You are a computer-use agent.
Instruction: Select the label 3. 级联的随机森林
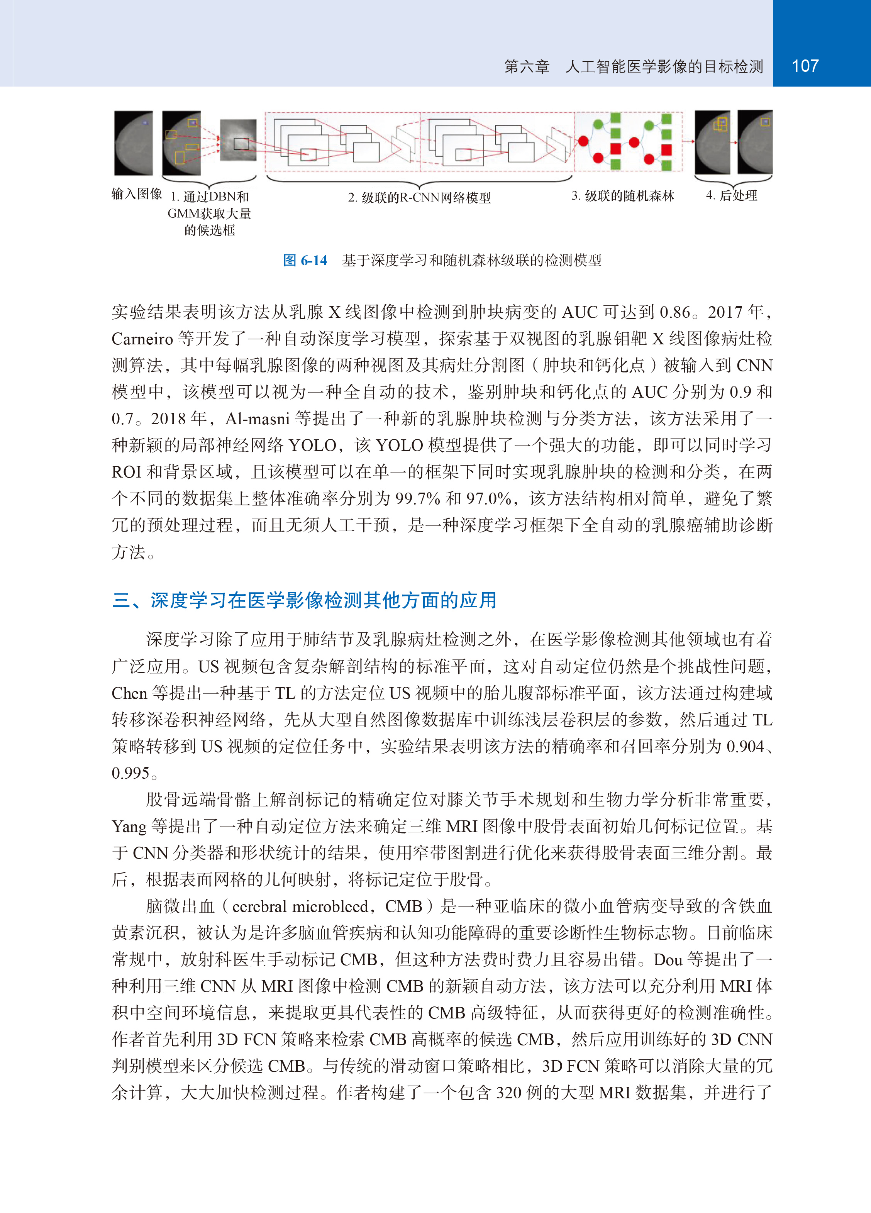click(623, 196)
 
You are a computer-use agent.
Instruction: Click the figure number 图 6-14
click(305, 261)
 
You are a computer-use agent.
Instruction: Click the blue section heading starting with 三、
click(304, 600)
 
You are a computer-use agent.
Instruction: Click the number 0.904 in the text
click(745, 747)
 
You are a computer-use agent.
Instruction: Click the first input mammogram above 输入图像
click(133, 143)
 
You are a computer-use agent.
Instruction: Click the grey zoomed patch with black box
click(239, 141)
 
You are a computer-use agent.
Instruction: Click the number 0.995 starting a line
click(130, 773)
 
